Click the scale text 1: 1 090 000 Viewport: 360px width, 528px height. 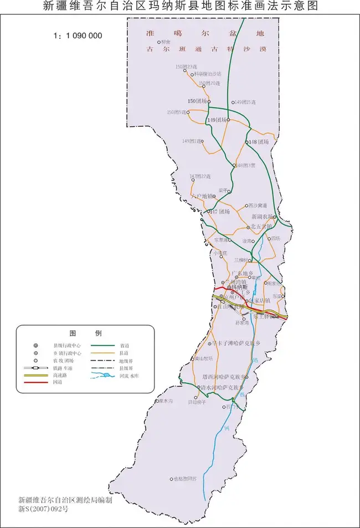coord(78,35)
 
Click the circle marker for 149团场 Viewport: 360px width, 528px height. coord(228,119)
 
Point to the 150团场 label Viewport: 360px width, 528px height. coord(197,101)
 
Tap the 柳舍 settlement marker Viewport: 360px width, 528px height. coord(158,42)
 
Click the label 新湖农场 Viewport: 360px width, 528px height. coord(262,216)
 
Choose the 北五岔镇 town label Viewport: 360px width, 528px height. coord(261,227)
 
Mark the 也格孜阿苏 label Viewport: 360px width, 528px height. coord(184,479)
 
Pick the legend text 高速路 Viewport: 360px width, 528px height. coord(60,375)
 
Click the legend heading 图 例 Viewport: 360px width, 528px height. coord(85,333)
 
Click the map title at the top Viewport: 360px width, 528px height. coord(180,7)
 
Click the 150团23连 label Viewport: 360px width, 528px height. coord(186,66)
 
